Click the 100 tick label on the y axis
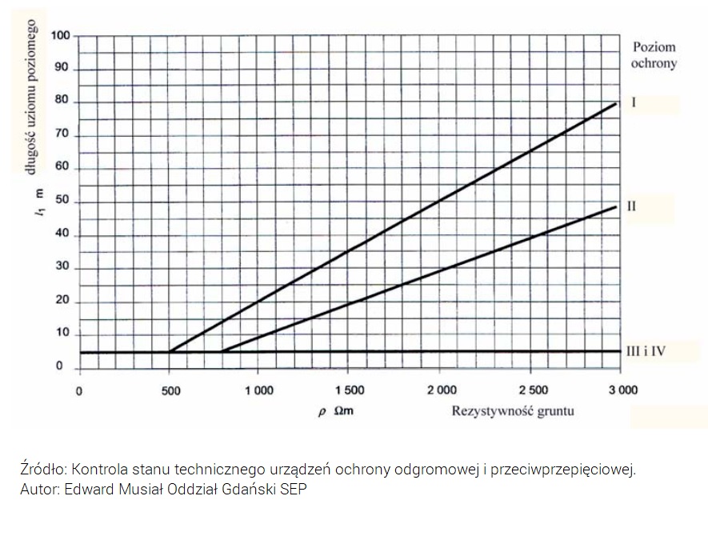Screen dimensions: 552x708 pyautogui.click(x=60, y=36)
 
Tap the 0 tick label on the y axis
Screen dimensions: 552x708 pyautogui.click(x=60, y=367)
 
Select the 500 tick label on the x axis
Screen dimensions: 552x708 pyautogui.click(x=170, y=390)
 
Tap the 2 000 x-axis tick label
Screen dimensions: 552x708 pyautogui.click(x=441, y=390)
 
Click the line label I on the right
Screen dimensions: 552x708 pyautogui.click(x=633, y=103)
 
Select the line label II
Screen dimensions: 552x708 pyautogui.click(x=631, y=206)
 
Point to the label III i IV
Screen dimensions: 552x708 pyautogui.click(x=646, y=350)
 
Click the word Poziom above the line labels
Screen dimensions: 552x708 pyautogui.click(x=654, y=47)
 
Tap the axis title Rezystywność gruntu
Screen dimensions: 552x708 pyautogui.click(x=513, y=411)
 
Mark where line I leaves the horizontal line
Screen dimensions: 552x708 pyautogui.click(x=169, y=351)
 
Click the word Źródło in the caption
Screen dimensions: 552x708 pyautogui.click(x=39, y=470)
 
